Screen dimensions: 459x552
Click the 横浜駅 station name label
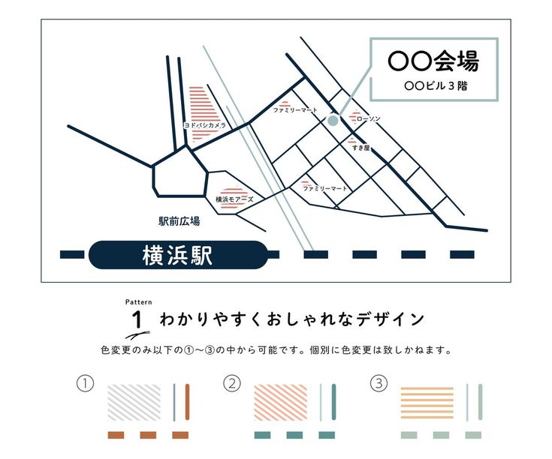click(177, 255)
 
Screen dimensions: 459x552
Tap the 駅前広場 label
click(179, 221)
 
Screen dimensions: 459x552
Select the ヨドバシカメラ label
click(204, 126)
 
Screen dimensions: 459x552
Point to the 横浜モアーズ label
click(234, 199)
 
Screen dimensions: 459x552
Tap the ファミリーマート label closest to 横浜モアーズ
click(325, 188)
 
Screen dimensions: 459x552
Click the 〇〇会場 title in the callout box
click(433, 61)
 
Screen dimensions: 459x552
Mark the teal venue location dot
click(333, 119)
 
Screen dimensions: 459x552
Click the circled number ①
click(86, 384)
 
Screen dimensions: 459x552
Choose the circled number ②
click(233, 384)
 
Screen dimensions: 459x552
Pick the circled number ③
click(379, 384)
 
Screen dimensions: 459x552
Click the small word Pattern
click(138, 301)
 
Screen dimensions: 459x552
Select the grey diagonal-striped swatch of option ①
click(134, 403)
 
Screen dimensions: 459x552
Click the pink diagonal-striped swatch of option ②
click(281, 403)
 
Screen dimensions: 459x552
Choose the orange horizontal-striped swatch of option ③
click(427, 403)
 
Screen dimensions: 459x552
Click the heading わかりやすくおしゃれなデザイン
click(291, 319)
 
